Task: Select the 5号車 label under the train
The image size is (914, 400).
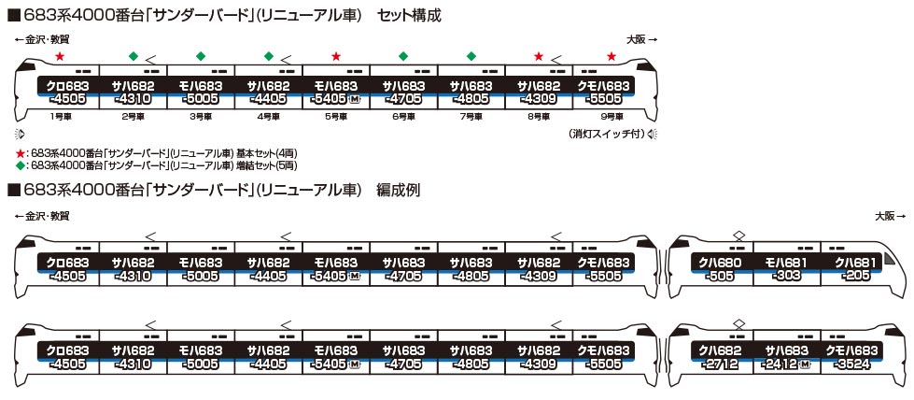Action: click(x=336, y=117)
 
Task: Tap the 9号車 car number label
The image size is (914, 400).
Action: click(x=608, y=117)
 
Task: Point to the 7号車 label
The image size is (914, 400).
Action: click(x=471, y=117)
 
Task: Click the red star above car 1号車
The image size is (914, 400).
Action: click(x=59, y=57)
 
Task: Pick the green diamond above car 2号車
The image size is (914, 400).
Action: click(x=133, y=56)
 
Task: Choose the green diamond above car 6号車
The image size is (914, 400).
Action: click(x=403, y=56)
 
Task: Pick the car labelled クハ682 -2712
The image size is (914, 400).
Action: click(x=719, y=357)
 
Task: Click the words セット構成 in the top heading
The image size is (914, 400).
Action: click(x=409, y=16)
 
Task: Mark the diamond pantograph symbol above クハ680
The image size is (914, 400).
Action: click(x=738, y=236)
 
